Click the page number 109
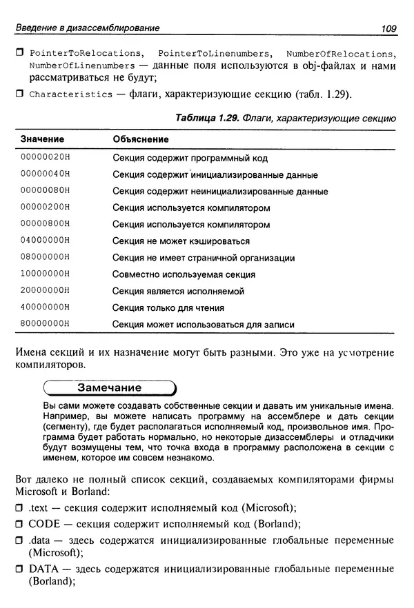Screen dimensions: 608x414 (386, 28)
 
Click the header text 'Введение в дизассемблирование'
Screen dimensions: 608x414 (88, 28)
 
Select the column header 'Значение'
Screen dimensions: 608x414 (42, 140)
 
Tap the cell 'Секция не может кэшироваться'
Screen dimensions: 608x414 (181, 241)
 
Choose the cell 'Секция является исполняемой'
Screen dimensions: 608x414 (178, 291)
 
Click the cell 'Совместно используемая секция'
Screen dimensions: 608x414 (184, 274)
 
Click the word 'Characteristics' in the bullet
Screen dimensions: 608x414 (70, 94)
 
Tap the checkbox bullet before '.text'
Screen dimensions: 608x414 (19, 508)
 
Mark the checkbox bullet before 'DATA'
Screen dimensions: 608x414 (19, 569)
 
